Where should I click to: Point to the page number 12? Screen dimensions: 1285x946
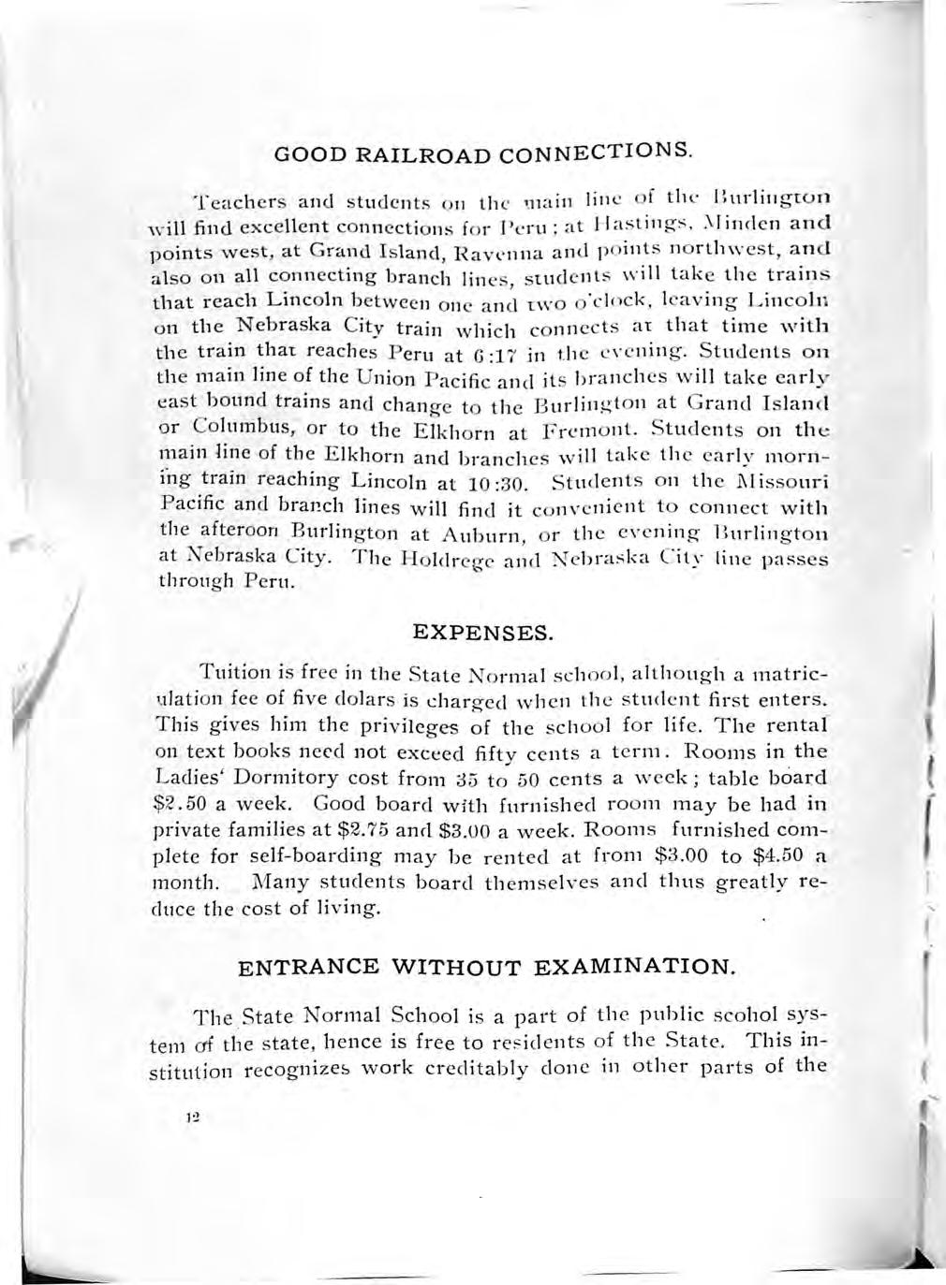coord(194,1117)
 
